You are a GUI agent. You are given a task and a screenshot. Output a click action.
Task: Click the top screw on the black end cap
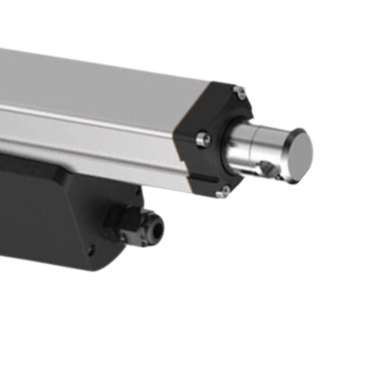point(239,90)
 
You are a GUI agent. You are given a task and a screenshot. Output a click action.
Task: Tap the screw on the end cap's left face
point(204,139)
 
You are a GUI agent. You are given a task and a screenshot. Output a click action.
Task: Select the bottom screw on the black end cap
point(220,193)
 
